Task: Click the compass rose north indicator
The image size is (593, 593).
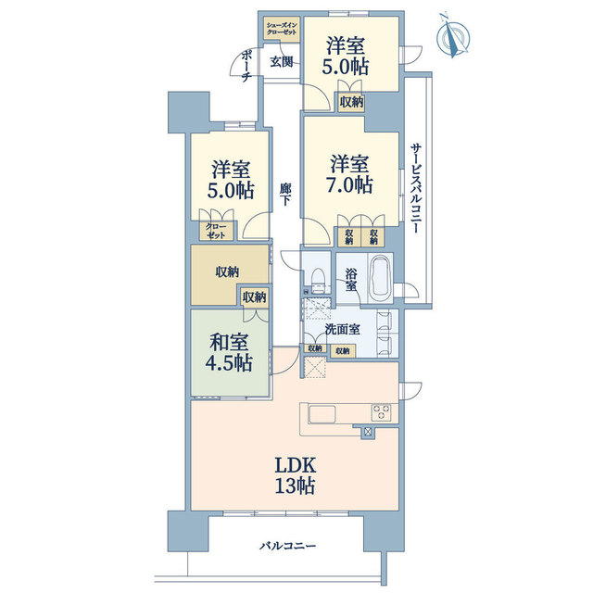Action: point(453,35)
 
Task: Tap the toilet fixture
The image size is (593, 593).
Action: point(318,281)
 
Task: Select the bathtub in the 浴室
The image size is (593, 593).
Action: point(382,279)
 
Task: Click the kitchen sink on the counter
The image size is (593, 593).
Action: point(322,414)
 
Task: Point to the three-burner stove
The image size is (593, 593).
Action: point(382,412)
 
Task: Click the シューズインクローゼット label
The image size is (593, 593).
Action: point(282,29)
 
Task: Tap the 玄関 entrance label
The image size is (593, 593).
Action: point(281,62)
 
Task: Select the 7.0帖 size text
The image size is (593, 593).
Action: point(349,185)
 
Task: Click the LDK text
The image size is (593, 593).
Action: point(295,465)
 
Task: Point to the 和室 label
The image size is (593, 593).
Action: point(229,342)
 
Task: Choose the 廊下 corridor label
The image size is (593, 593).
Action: point(285,194)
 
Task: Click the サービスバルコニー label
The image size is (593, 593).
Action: point(416,188)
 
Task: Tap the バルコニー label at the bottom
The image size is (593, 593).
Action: point(287,546)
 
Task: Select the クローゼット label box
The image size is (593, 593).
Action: point(216,231)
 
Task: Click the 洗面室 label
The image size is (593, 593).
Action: point(342,330)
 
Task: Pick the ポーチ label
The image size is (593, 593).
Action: point(246,67)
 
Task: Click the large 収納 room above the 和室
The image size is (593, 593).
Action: point(227,271)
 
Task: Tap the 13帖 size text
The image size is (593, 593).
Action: point(295,486)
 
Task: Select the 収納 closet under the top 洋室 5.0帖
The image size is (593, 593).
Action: point(351,102)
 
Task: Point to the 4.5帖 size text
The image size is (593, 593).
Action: point(229,362)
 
